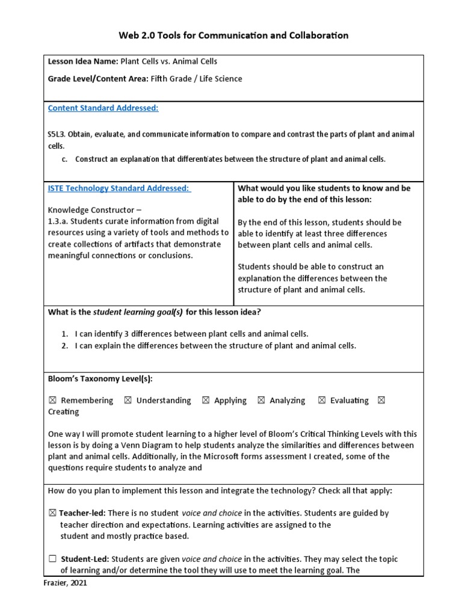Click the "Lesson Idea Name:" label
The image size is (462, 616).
83,61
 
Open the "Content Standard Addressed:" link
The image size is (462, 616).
103,108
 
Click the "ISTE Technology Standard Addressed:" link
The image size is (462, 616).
119,188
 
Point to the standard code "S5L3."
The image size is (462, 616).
57,134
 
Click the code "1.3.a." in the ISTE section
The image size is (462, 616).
59,222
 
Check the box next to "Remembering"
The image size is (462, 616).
52,401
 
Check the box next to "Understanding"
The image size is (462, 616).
128,401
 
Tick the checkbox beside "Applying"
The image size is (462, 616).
206,401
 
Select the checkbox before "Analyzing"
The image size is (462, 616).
261,401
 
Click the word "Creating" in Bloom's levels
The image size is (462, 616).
63,412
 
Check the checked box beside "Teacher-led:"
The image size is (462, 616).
52,513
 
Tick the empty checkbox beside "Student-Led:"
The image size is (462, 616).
52,559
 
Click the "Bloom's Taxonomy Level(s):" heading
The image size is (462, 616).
100,379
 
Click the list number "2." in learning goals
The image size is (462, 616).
64,346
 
